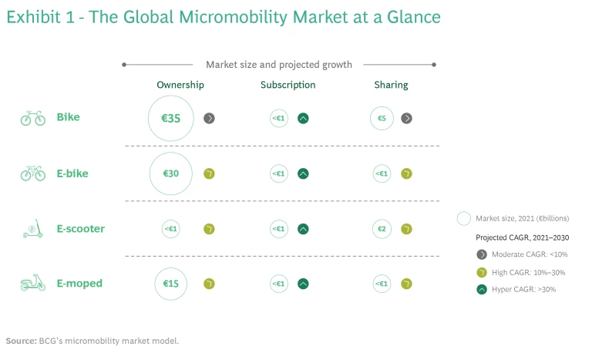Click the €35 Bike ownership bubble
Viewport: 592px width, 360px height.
pos(171,119)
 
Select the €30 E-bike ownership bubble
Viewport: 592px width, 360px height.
pos(171,174)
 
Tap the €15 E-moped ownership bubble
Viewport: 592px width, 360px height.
pos(171,284)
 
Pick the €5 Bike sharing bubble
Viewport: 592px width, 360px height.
pos(382,119)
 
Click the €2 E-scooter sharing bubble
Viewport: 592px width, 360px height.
pos(382,229)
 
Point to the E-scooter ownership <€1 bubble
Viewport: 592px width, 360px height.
pos(171,229)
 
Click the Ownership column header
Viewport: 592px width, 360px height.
pos(180,85)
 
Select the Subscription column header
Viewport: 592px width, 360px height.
pos(288,85)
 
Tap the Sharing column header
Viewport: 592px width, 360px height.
pos(392,85)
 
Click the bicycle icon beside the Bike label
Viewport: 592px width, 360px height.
pos(33,119)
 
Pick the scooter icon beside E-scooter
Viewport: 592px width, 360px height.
pos(33,229)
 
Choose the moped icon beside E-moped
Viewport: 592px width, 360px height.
pos(33,284)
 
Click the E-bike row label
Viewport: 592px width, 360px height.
pos(72,174)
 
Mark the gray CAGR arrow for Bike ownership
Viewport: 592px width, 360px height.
pos(209,119)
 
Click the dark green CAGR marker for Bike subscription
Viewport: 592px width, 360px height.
pos(304,119)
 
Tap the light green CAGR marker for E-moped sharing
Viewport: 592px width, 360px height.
pos(406,284)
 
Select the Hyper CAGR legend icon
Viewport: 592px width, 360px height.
pos(482,290)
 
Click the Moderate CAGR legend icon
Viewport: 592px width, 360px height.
pos(482,254)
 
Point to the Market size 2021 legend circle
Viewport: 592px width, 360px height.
pos(464,218)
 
